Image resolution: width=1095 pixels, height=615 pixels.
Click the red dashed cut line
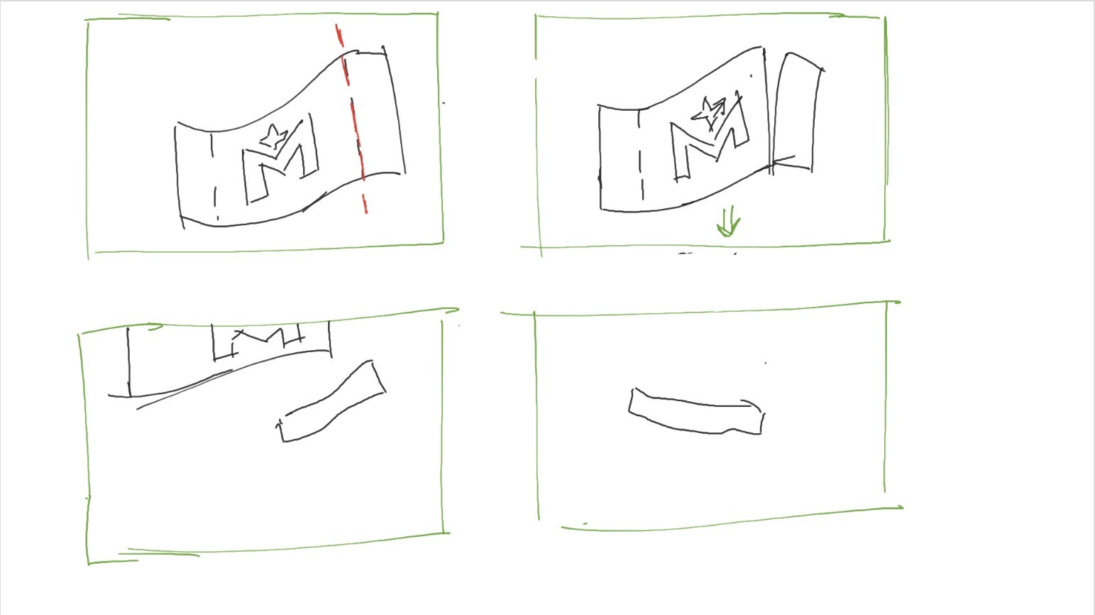(352, 117)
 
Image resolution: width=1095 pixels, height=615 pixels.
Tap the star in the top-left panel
(273, 136)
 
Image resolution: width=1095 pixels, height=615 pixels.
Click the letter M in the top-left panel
(280, 160)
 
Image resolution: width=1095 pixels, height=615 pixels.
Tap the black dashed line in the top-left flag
(214, 176)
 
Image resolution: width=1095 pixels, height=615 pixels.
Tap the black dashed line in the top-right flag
(641, 154)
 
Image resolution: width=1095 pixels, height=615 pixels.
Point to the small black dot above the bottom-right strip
(766, 363)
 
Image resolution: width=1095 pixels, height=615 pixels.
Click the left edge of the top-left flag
(178, 176)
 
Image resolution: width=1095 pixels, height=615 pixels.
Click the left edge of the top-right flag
(600, 158)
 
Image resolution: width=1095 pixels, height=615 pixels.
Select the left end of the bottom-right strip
(631, 401)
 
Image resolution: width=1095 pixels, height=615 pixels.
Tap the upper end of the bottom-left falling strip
(378, 376)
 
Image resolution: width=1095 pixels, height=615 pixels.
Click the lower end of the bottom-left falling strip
(281, 430)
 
